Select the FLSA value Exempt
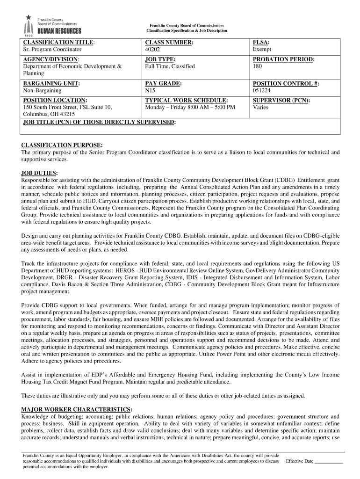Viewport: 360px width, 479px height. click(x=261, y=49)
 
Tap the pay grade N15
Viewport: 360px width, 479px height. click(x=151, y=90)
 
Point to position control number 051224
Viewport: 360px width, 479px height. click(x=262, y=90)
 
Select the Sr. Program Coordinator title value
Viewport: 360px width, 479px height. click(x=52, y=49)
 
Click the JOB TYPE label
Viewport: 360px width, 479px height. click(x=160, y=59)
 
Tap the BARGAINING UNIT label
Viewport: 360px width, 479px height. click(x=51, y=83)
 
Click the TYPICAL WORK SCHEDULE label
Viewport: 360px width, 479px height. click(x=187, y=101)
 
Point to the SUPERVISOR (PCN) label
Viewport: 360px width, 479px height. click(x=281, y=101)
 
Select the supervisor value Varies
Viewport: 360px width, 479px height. click(x=260, y=107)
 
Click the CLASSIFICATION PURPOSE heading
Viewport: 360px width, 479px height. click(x=62, y=145)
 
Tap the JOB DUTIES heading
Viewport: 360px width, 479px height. click(x=40, y=173)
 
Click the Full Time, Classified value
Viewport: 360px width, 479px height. click(x=170, y=66)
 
